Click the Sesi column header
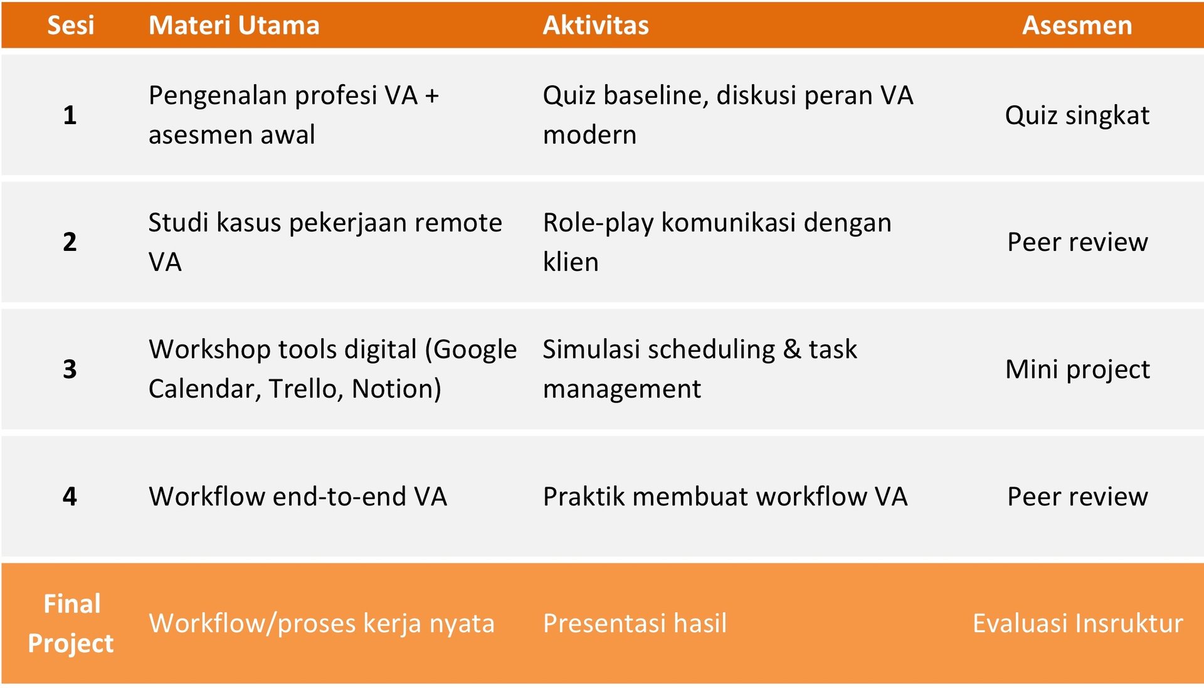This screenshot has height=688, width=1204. click(x=71, y=25)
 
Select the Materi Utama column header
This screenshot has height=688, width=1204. click(x=234, y=25)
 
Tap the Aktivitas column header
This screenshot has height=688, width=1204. click(x=596, y=25)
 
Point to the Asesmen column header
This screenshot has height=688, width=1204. click(x=1077, y=25)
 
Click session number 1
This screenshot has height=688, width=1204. click(x=70, y=115)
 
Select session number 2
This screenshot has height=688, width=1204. click(x=70, y=242)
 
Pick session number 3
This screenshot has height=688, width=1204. click(x=70, y=369)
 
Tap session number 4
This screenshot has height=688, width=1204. click(x=70, y=496)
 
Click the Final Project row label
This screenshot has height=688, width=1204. click(x=71, y=623)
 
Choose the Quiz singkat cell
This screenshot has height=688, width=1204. click(x=1077, y=116)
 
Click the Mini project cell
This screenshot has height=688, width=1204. click(x=1077, y=369)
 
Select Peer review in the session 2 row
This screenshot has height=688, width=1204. click(x=1077, y=242)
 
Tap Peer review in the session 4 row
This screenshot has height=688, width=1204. click(x=1077, y=497)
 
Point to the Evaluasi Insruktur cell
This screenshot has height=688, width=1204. click(x=1078, y=623)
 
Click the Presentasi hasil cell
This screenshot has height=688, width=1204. click(x=635, y=623)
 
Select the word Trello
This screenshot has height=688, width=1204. click(x=306, y=389)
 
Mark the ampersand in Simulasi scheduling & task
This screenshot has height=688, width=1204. click(x=792, y=349)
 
